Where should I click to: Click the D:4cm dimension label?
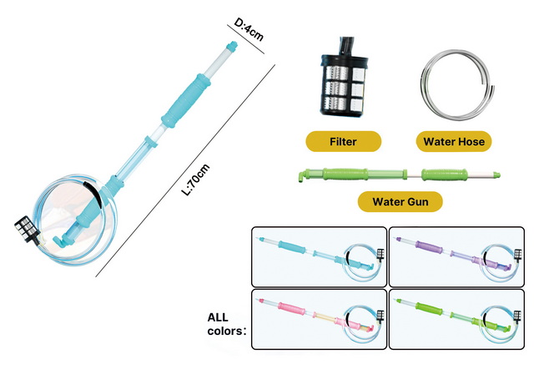(249, 30)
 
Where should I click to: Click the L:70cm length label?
(195, 180)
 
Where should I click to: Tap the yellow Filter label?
(343, 141)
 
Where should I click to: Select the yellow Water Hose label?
(454, 141)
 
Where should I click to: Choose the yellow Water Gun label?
(400, 202)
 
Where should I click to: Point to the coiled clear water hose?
(456, 84)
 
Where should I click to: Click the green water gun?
(400, 175)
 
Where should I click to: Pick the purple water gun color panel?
(456, 256)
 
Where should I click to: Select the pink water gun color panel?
(319, 320)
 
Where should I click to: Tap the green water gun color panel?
(456, 320)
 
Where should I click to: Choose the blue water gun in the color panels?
(319, 256)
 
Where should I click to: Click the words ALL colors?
(226, 324)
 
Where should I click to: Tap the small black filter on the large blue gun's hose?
(27, 229)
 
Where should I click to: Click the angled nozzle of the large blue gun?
(60, 241)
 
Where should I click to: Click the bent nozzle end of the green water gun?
(302, 176)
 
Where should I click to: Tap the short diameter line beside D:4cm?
(246, 39)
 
